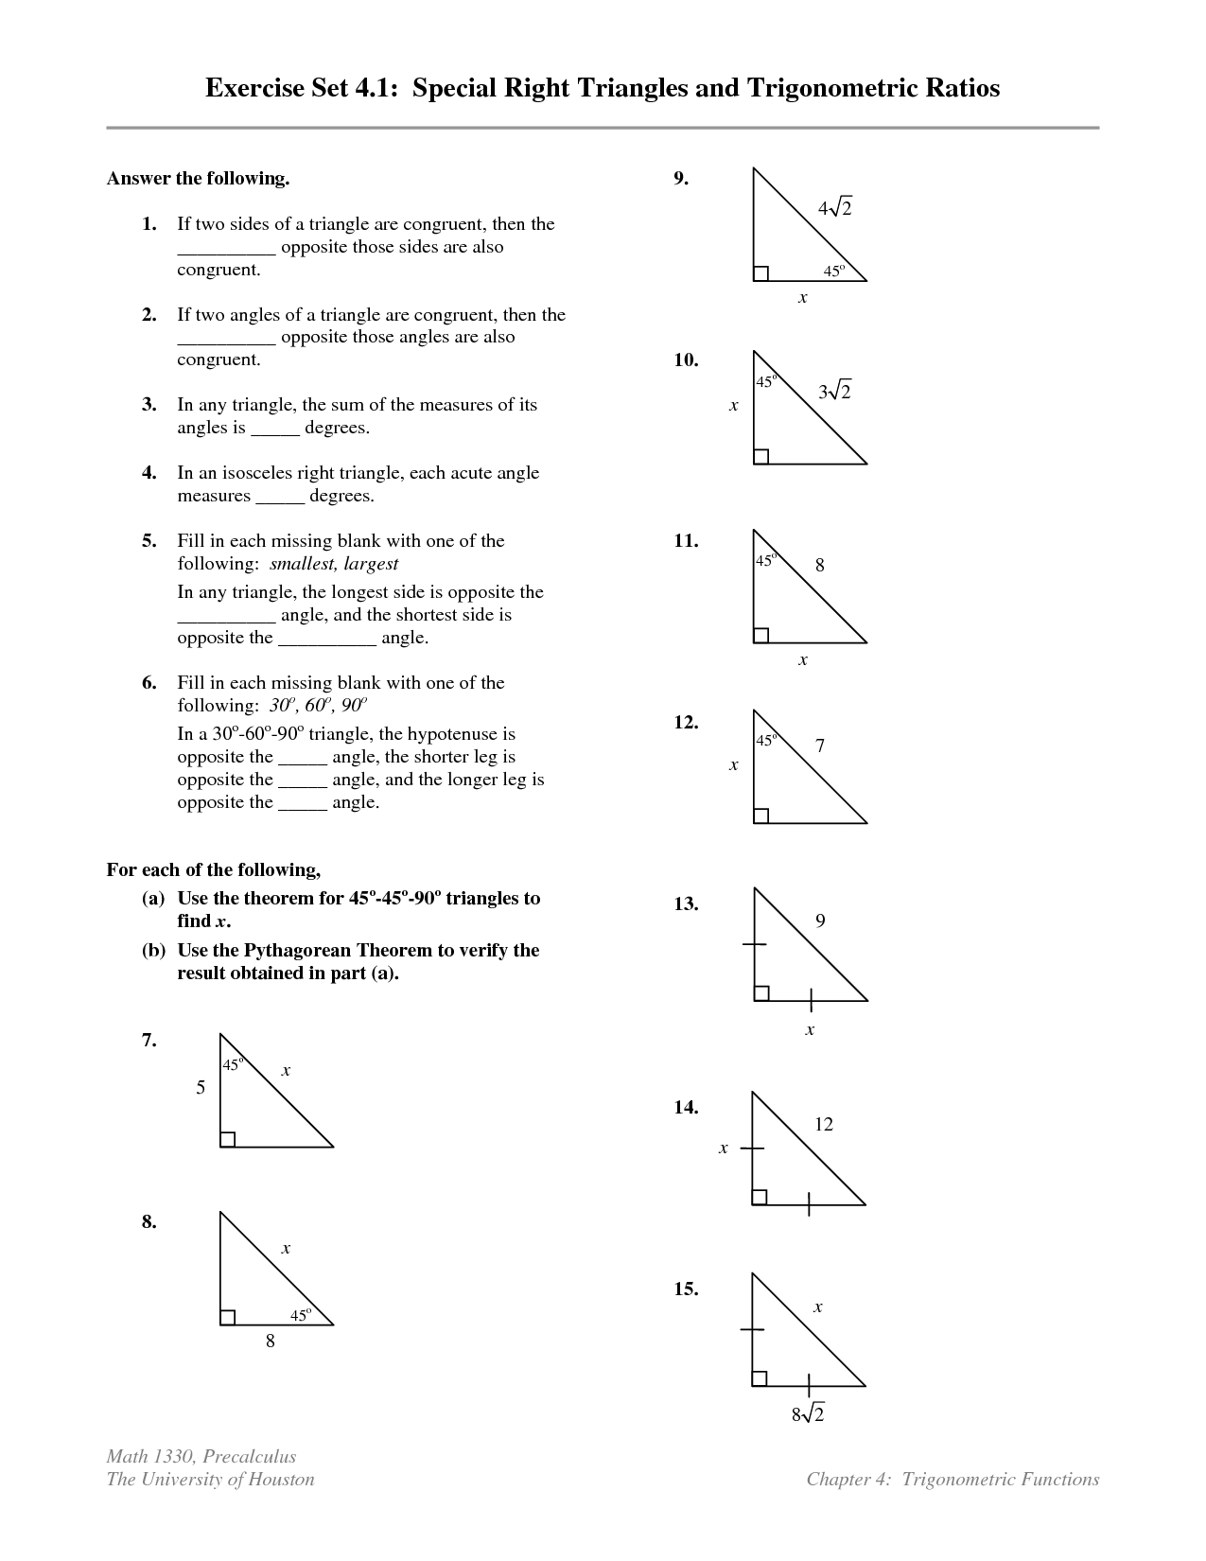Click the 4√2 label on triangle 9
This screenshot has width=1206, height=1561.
[835, 208]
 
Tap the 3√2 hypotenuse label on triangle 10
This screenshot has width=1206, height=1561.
[835, 391]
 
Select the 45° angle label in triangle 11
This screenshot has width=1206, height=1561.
[765, 560]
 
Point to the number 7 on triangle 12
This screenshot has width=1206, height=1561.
[820, 746]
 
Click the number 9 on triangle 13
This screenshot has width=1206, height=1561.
[820, 921]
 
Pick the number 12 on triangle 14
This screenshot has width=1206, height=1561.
[824, 1124]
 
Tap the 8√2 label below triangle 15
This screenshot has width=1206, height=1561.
[809, 1414]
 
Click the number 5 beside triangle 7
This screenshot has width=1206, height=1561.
[201, 1088]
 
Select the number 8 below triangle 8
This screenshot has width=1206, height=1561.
[271, 1341]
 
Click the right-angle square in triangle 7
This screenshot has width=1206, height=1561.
[227, 1139]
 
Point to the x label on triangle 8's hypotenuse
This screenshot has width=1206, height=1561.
[286, 1249]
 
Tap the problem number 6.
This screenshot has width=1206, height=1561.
[149, 683]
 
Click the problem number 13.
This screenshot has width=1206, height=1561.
[686, 904]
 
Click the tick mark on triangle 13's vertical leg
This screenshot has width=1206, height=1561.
[754, 944]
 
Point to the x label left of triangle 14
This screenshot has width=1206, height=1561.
[724, 1148]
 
